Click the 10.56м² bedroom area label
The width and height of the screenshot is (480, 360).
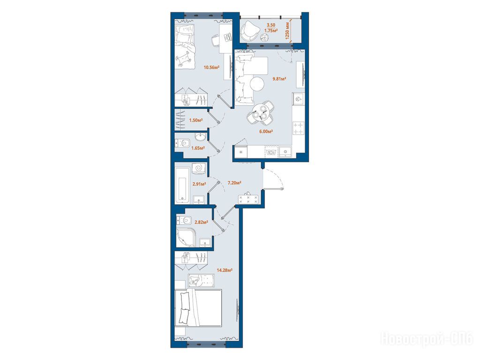tap(211, 67)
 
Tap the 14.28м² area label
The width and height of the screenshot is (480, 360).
tap(225, 270)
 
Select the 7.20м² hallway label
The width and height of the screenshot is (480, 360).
tap(234, 183)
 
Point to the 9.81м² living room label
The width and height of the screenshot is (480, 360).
tap(279, 79)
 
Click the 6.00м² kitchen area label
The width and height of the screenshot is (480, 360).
tap(266, 131)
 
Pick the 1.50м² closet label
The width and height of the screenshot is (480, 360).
tap(196, 120)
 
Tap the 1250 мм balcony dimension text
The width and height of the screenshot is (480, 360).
tap(287, 30)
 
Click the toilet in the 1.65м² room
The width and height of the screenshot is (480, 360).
tap(182, 142)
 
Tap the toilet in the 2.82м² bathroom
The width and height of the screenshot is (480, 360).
tap(184, 220)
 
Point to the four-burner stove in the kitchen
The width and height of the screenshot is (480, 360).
tap(298, 128)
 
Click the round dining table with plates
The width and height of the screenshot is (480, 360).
tap(261, 112)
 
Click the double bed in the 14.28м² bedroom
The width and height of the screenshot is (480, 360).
tap(198, 307)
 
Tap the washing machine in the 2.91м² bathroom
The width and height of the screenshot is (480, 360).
tap(199, 168)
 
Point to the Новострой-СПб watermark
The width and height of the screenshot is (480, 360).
tap(427, 339)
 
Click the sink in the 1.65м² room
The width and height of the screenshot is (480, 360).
tap(201, 137)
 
